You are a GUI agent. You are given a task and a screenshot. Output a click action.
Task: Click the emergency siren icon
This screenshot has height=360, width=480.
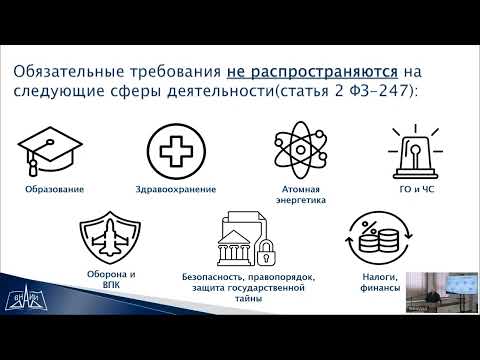414,150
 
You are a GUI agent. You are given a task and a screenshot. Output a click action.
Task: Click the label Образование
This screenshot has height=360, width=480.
52,190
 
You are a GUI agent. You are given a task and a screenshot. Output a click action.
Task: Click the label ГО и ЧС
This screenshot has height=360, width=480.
414,190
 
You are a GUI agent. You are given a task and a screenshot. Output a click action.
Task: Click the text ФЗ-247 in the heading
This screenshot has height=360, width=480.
389,94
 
